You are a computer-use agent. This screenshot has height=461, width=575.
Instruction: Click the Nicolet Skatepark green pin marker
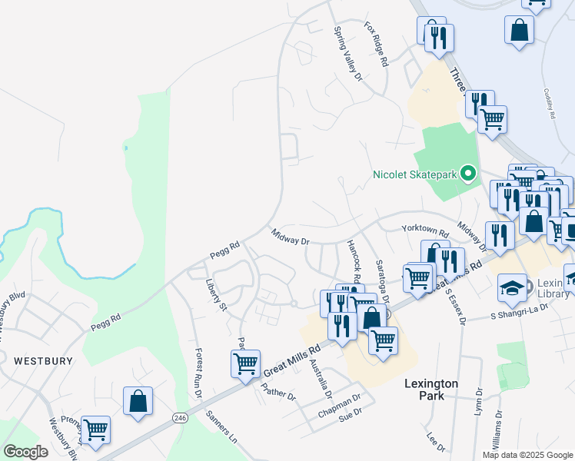click(x=467, y=174)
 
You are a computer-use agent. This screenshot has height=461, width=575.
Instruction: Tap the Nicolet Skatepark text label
click(x=415, y=174)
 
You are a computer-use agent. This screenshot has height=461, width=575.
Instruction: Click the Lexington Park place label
click(x=432, y=390)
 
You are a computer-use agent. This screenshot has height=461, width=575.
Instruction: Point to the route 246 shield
click(x=180, y=418)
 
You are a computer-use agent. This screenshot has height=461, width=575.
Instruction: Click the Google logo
click(x=25, y=451)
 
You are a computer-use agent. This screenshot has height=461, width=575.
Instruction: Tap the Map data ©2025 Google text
click(x=527, y=454)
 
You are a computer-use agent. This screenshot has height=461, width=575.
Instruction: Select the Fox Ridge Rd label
click(x=377, y=43)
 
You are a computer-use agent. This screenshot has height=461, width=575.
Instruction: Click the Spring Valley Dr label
click(x=347, y=54)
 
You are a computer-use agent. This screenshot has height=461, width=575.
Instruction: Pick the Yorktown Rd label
click(x=425, y=230)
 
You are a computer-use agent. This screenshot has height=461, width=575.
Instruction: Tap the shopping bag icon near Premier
click(x=138, y=400)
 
